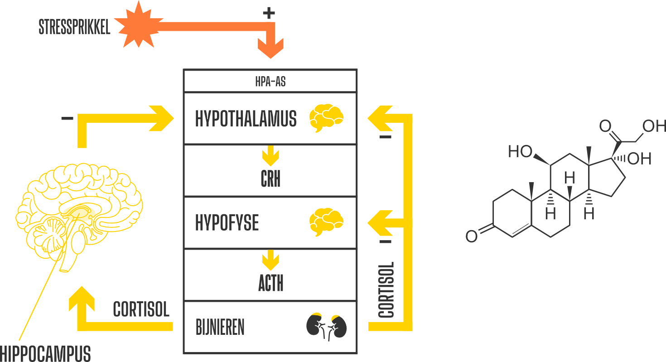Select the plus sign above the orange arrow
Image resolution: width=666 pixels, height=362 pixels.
click(269, 13)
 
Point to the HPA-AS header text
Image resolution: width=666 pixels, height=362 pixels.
click(270, 82)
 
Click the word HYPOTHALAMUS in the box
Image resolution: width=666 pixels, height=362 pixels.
click(246, 119)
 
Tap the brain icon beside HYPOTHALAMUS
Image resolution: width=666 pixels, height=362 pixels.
click(326, 118)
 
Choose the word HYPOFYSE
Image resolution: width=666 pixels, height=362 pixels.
click(227, 223)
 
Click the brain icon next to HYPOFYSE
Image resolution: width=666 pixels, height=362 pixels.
click(326, 222)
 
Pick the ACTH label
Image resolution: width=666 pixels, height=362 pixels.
click(270, 284)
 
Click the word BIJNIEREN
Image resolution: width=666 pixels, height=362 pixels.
click(220, 327)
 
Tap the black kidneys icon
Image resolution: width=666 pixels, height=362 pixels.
click(327, 326)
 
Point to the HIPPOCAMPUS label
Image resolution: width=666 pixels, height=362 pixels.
click(45, 353)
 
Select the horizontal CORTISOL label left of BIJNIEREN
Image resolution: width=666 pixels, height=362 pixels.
click(141, 309)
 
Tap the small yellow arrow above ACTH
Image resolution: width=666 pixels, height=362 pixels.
click(270, 261)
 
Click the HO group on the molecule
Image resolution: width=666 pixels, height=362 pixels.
click(520, 152)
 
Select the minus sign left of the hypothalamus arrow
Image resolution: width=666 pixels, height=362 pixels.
click(67, 119)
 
